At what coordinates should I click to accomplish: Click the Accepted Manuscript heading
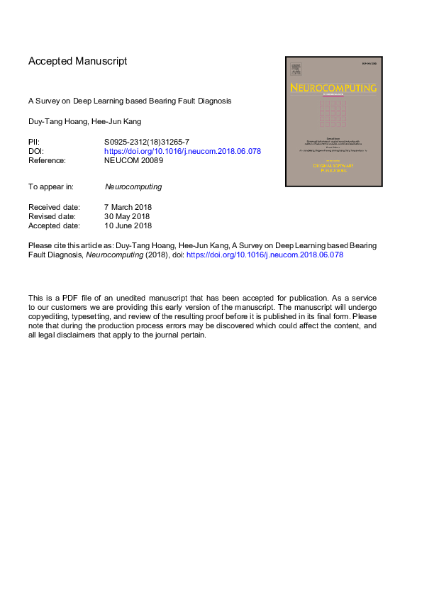(x=78, y=61)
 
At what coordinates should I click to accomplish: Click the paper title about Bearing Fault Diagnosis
(x=130, y=101)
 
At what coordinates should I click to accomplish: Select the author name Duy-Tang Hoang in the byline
(x=55, y=121)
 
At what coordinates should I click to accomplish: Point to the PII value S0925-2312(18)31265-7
(x=147, y=143)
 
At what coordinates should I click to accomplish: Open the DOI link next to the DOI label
(x=182, y=151)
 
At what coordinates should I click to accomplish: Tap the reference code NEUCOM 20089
(x=133, y=160)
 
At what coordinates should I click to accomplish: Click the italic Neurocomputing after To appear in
(x=133, y=187)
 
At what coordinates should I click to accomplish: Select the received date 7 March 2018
(x=128, y=208)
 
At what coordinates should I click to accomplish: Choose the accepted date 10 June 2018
(x=128, y=226)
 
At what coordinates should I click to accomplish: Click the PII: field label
(x=34, y=143)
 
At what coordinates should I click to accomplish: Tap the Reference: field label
(x=47, y=160)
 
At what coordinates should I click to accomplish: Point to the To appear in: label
(x=52, y=187)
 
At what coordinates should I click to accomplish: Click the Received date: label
(x=54, y=208)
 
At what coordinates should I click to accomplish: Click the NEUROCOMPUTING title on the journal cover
(x=333, y=87)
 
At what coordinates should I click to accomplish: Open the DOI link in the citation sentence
(x=265, y=254)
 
